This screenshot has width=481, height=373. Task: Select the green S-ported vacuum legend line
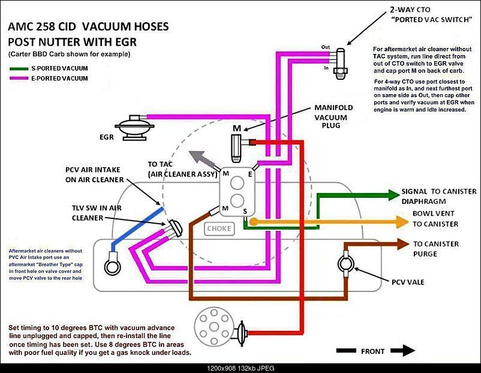pyautogui.click(x=19, y=68)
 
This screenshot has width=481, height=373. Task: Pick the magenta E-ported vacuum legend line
pyautogui.click(x=19, y=79)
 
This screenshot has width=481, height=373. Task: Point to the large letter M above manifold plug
pyautogui.click(x=237, y=128)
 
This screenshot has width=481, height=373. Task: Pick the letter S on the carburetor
pyautogui.click(x=245, y=210)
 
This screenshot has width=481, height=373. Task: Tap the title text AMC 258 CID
pyautogui.click(x=46, y=27)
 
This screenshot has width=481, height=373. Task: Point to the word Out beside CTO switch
pyautogui.click(x=326, y=47)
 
